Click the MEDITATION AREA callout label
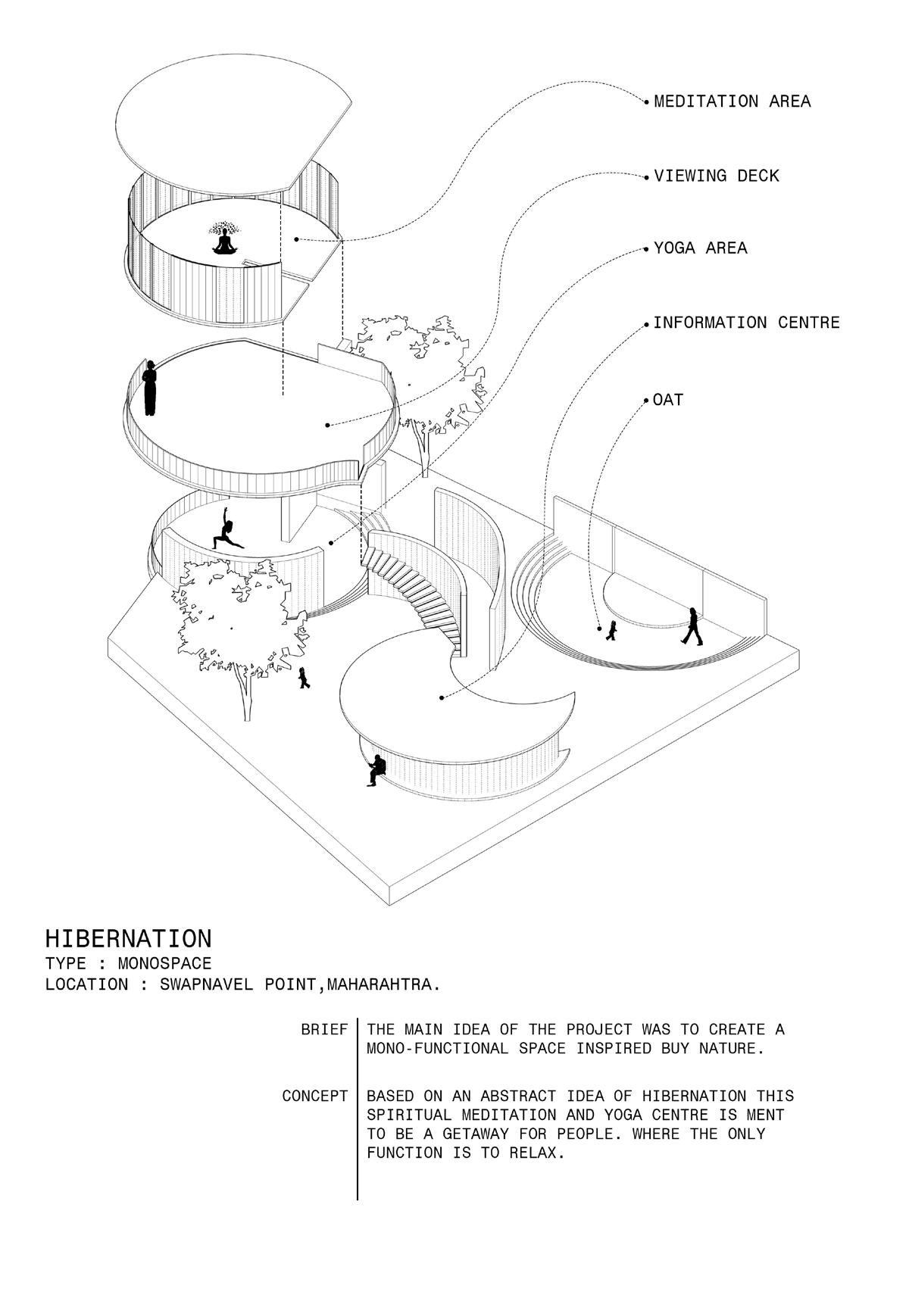(x=732, y=101)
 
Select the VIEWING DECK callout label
(x=716, y=176)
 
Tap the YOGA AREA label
(x=700, y=248)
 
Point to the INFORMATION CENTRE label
(x=746, y=323)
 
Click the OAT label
(x=668, y=400)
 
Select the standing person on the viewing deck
(x=150, y=388)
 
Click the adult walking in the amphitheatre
(x=692, y=625)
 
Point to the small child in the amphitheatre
(x=611, y=630)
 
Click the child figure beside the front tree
(x=305, y=678)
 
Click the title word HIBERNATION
(x=129, y=939)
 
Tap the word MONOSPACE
(x=164, y=964)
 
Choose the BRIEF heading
(x=324, y=1030)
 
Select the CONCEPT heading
(x=315, y=1096)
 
